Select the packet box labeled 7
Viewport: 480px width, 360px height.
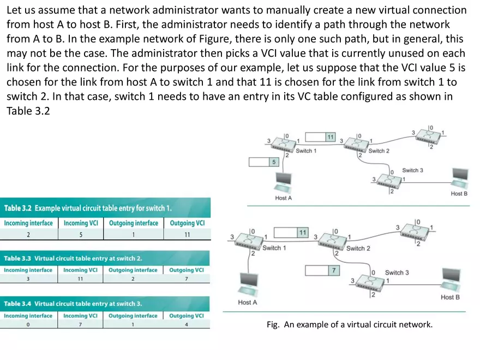[322, 271]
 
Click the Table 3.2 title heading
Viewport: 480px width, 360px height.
[88, 208]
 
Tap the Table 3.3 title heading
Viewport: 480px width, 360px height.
[73, 258]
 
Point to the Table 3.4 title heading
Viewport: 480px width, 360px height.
[73, 304]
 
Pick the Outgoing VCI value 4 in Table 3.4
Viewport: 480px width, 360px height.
[186, 325]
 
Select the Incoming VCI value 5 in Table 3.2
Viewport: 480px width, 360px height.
[80, 235]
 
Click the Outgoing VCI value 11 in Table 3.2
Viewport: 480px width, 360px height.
[187, 235]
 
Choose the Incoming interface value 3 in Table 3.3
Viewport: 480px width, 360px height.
[28, 279]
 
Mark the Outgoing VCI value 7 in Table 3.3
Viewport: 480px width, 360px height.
[186, 279]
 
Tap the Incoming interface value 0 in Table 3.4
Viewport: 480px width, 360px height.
[28, 325]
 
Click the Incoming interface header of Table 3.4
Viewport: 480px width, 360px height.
[28, 316]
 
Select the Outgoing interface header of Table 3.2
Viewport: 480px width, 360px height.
[133, 223]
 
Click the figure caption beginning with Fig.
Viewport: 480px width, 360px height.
[349, 325]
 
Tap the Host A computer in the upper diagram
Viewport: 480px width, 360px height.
[284, 180]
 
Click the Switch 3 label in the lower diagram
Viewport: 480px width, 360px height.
[397, 272]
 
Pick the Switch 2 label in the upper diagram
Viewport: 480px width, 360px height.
[379, 151]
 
